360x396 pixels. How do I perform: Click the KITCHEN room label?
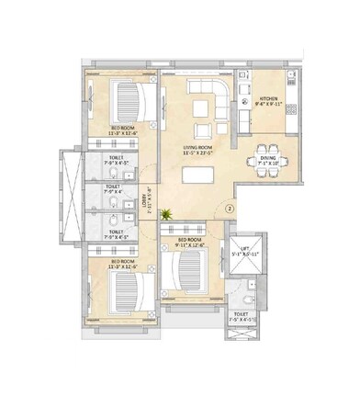click(x=269, y=97)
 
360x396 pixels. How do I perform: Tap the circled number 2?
click(x=230, y=208)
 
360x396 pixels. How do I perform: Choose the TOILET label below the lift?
click(x=241, y=314)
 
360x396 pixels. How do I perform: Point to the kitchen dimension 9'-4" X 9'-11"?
click(x=269, y=104)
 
